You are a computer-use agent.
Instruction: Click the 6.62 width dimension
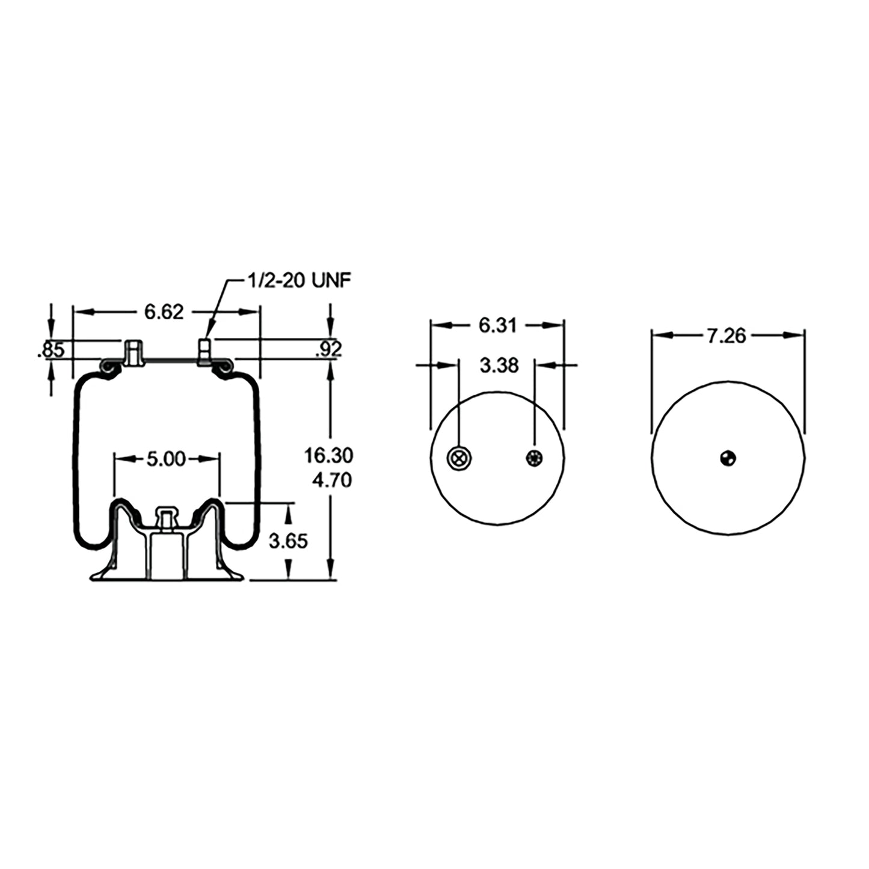pos(163,312)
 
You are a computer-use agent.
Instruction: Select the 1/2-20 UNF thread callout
pos(299,280)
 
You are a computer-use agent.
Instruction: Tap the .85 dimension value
pos(51,349)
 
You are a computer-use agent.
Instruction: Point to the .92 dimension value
pos(328,349)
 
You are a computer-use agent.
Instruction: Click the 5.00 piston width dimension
pos(166,459)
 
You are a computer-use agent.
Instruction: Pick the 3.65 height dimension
pos(288,541)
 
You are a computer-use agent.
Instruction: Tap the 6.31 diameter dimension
pos(497,325)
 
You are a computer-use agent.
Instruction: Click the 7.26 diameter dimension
pos(726,336)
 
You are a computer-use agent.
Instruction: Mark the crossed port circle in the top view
pos(459,458)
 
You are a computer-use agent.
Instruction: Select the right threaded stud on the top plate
pos(204,351)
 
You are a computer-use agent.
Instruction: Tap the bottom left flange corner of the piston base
pos(92,579)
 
